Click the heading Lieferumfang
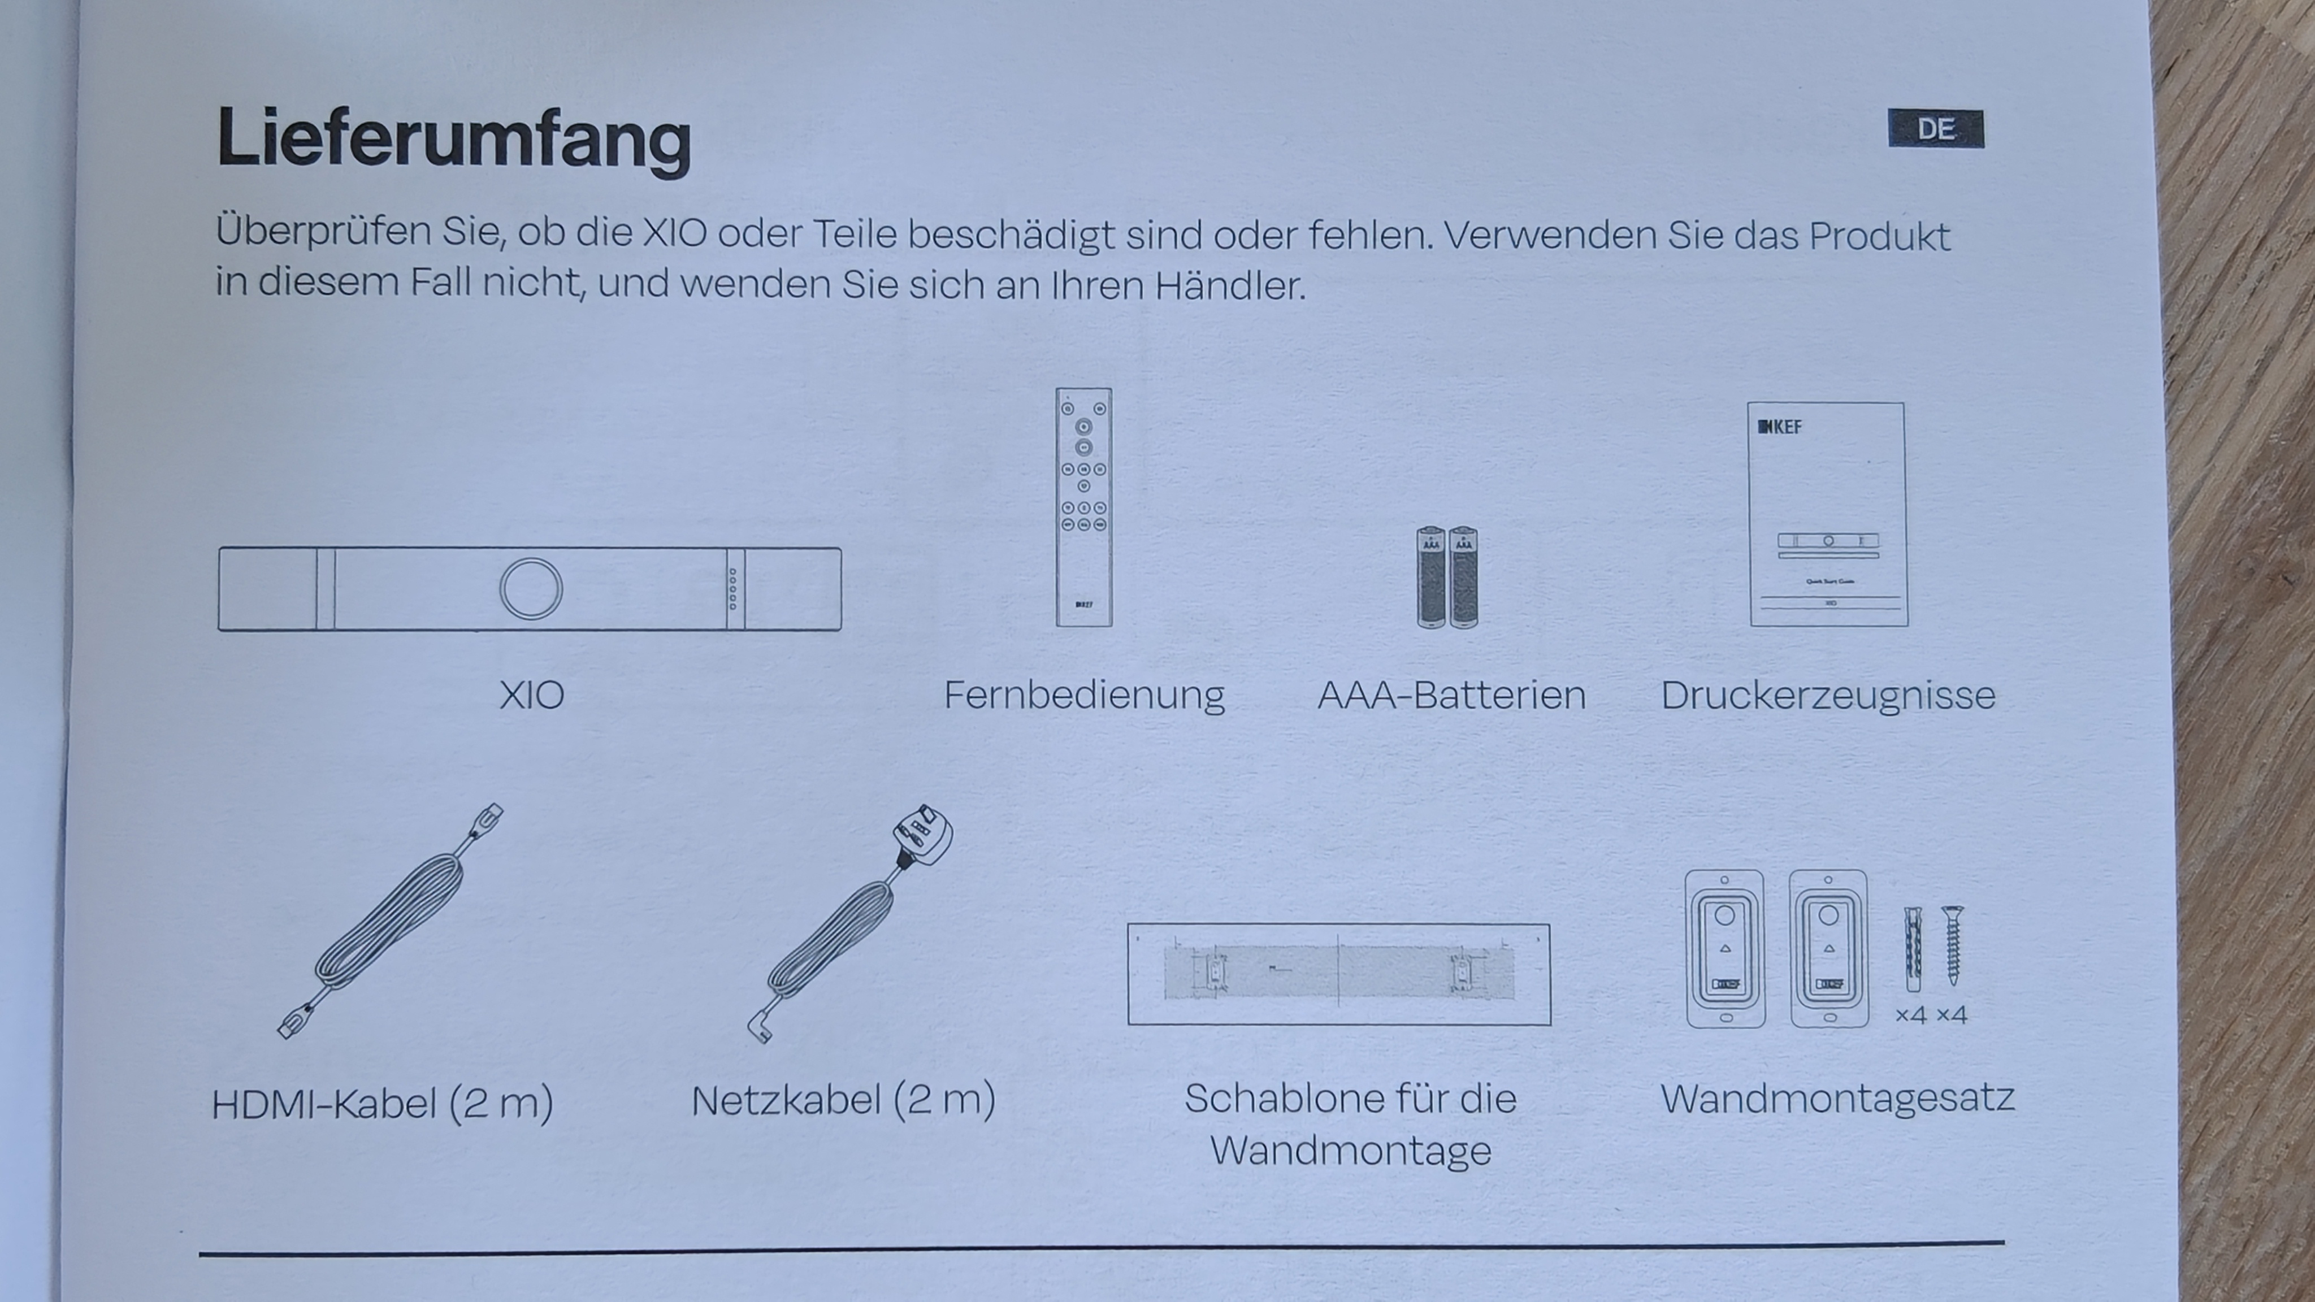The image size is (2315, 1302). pos(454,139)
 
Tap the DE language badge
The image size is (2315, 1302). pos(1936,128)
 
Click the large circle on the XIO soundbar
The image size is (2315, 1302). pos(531,588)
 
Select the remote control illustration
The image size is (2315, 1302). pos(1084,507)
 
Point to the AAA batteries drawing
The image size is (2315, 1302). pos(1447,577)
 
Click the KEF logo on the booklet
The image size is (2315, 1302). pos(1779,427)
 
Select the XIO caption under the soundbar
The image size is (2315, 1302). pos(532,695)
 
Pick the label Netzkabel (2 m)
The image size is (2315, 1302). pos(843,1100)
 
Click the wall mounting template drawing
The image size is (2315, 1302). pos(1339,974)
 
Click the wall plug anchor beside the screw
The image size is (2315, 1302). pos(1914,949)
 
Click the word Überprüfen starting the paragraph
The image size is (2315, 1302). pos(323,231)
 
